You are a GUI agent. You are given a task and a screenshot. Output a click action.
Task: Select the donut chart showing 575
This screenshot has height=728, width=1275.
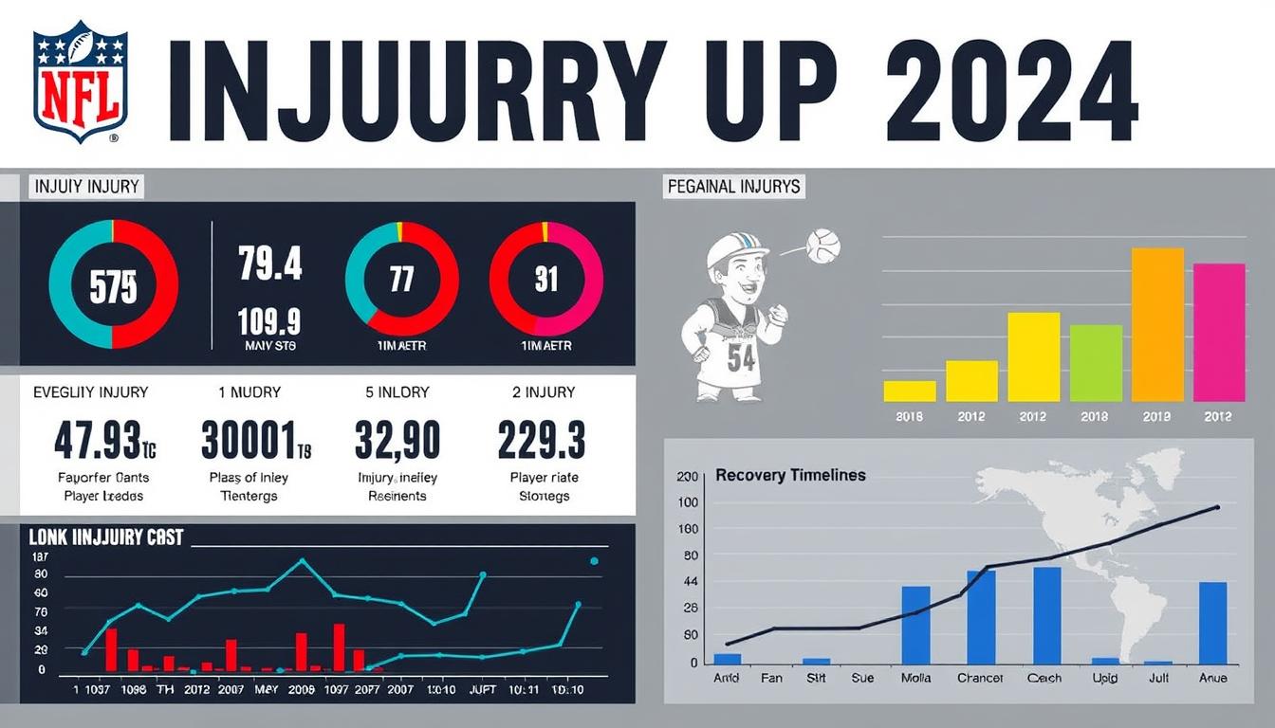[113, 284]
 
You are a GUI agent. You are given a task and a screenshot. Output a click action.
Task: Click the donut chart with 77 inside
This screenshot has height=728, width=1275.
[402, 280]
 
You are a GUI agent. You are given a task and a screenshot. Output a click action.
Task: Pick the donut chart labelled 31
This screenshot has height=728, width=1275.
[545, 280]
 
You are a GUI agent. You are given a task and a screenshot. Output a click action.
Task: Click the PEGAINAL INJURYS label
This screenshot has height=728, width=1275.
[733, 186]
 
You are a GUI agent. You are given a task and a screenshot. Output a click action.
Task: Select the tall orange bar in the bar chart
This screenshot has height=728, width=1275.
[1157, 324]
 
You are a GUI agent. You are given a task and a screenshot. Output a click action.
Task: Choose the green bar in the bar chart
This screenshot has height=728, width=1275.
[1096, 363]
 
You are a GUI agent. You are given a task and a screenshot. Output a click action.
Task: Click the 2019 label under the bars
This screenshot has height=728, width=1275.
[1157, 417]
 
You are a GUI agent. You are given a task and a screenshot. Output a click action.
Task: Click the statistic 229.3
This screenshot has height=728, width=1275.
[542, 441]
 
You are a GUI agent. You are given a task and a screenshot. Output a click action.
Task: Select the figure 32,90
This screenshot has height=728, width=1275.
[397, 441]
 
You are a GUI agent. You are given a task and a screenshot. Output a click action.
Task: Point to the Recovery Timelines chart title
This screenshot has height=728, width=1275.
[790, 475]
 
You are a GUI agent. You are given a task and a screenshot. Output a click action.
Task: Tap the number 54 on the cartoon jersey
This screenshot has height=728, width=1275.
[742, 359]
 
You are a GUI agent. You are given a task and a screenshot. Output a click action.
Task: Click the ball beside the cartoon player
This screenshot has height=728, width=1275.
[822, 246]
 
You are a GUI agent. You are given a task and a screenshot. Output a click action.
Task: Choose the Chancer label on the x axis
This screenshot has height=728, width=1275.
[981, 678]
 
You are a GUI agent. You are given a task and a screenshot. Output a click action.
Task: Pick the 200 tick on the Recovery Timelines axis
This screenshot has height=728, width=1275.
[687, 477]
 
